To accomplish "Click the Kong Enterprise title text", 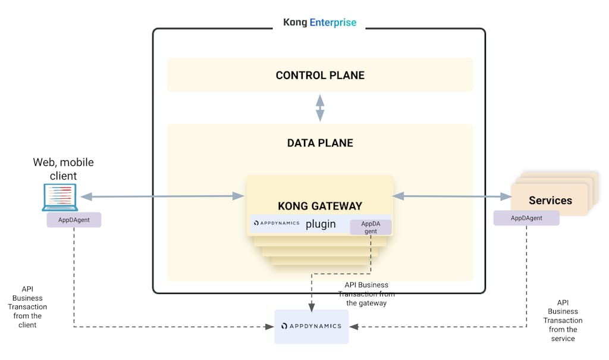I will pyautogui.click(x=319, y=23).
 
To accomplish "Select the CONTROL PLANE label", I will pyautogui.click(x=320, y=76).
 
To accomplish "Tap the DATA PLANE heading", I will pyautogui.click(x=320, y=143).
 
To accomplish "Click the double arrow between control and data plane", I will pyautogui.click(x=320, y=108).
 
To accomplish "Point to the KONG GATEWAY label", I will pyautogui.click(x=320, y=206).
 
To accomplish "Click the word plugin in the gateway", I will pyautogui.click(x=321, y=224).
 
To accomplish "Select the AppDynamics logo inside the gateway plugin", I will pyautogui.click(x=277, y=224).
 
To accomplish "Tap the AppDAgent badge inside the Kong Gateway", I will pyautogui.click(x=371, y=227).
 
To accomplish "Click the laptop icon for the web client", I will pyautogui.click(x=59, y=198).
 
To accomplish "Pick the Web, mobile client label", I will pyautogui.click(x=63, y=168).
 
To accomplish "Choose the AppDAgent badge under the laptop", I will pyautogui.click(x=74, y=219).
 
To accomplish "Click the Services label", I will pyautogui.click(x=550, y=201).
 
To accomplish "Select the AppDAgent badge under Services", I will pyautogui.click(x=526, y=218).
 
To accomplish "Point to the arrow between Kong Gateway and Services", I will pyautogui.click(x=452, y=196).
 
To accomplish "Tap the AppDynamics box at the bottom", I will pyautogui.click(x=311, y=326).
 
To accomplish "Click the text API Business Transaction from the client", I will pyautogui.click(x=27, y=306).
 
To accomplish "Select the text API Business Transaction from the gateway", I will pyautogui.click(x=366, y=294).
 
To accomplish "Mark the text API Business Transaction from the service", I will pyautogui.click(x=563, y=320).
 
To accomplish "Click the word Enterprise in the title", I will pyautogui.click(x=333, y=23).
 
